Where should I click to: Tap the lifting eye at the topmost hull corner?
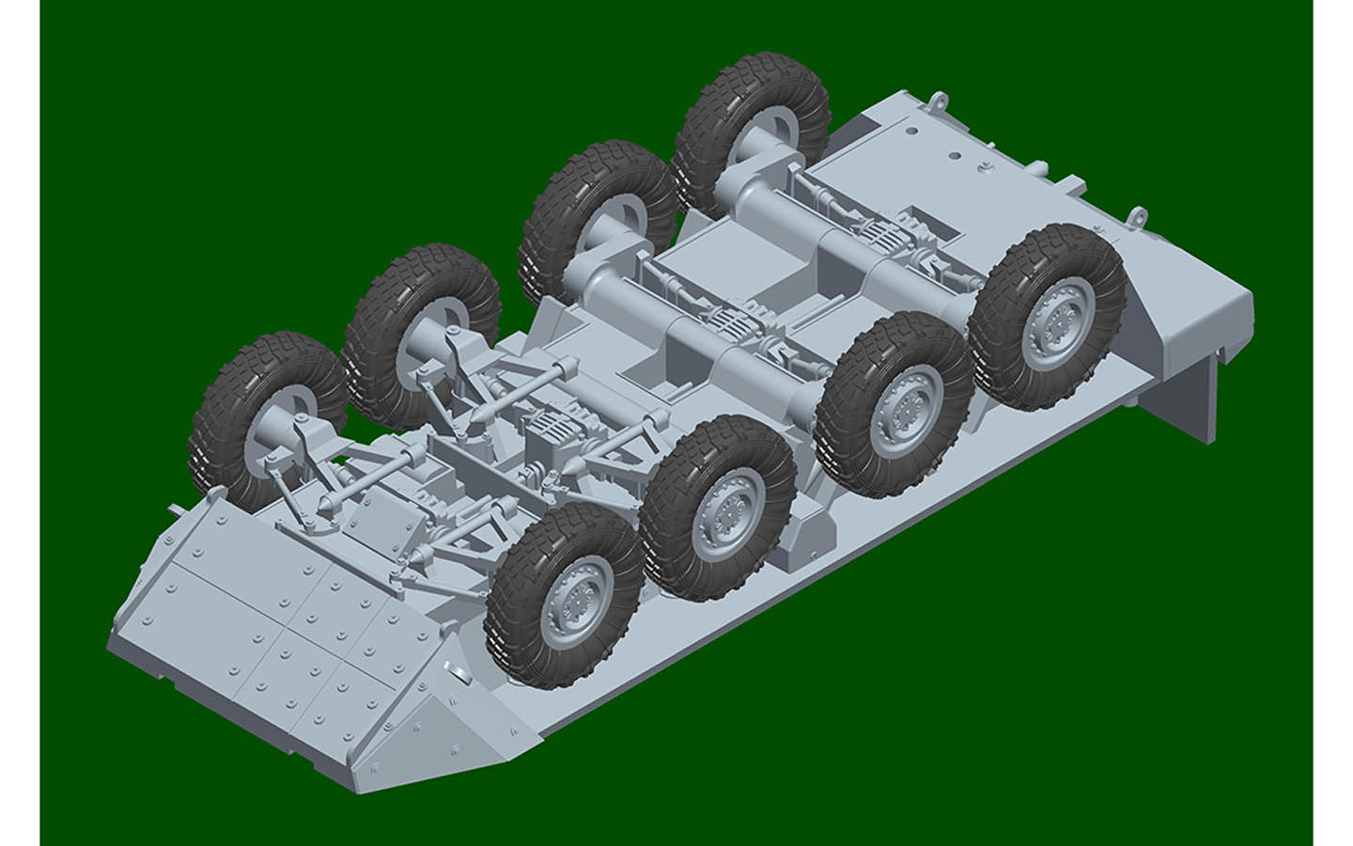(934, 98)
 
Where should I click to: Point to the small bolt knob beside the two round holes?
(988, 167)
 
